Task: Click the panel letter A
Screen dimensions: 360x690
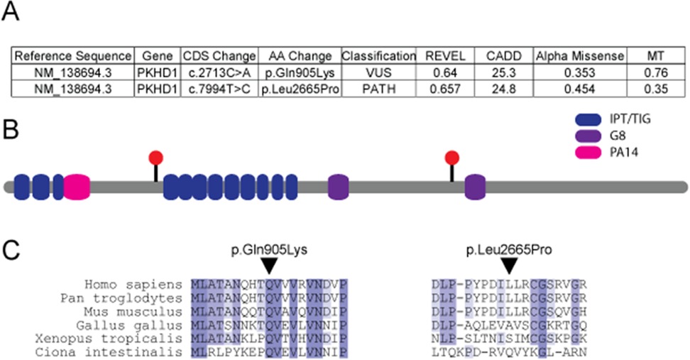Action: (x=11, y=12)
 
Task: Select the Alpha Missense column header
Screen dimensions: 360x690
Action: (x=579, y=55)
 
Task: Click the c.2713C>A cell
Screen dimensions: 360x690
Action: (x=219, y=71)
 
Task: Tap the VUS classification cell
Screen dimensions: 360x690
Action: (x=378, y=71)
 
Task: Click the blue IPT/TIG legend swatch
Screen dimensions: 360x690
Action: (x=588, y=119)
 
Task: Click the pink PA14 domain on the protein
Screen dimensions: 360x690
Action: (x=77, y=187)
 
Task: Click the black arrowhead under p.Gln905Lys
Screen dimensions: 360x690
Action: (x=268, y=266)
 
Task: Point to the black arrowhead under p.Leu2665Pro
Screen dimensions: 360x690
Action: (x=508, y=266)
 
